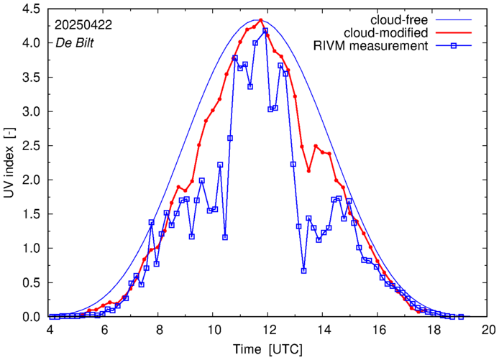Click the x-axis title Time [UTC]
[x=268, y=349]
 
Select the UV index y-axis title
[x=9, y=162]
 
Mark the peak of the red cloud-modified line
[x=260, y=20]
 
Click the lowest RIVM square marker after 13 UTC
[x=304, y=271]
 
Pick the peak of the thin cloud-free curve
[x=257, y=19]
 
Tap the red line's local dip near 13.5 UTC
[x=308, y=171]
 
